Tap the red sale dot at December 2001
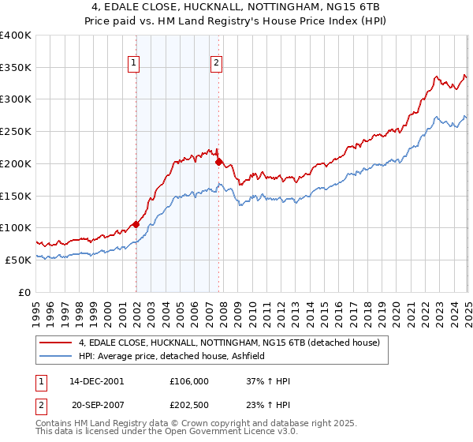pyautogui.click(x=136, y=223)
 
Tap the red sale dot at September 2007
pyautogui.click(x=218, y=162)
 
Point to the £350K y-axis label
pyautogui.click(x=16, y=67)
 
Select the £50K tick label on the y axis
pyautogui.click(x=19, y=260)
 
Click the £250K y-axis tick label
pyautogui.click(x=16, y=132)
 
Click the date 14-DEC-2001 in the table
pyautogui.click(x=97, y=380)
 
